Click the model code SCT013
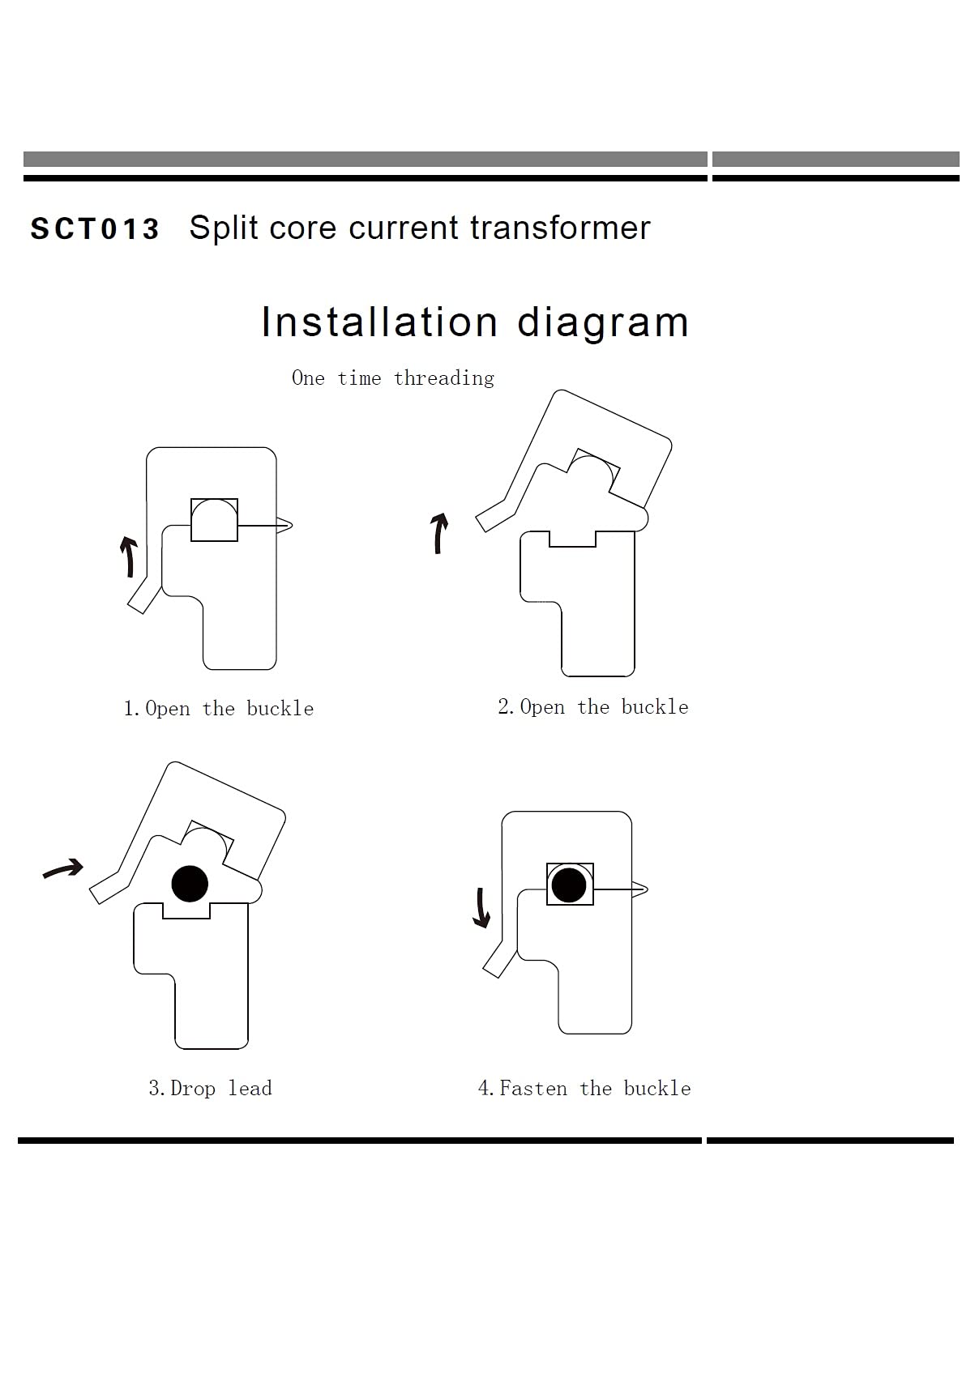coord(95,229)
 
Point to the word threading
coord(444,378)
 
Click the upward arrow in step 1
coord(129,557)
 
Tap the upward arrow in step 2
coord(439,533)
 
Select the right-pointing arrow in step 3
coord(63,868)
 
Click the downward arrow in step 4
coord(481,908)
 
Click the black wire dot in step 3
coord(190,884)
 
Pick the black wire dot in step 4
coord(568,885)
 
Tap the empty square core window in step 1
coord(214,520)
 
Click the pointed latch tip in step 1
coord(292,525)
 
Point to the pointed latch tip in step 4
coord(648,889)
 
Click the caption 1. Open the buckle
coord(219,709)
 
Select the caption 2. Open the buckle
coord(593,706)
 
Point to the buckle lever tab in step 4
coord(500,960)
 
